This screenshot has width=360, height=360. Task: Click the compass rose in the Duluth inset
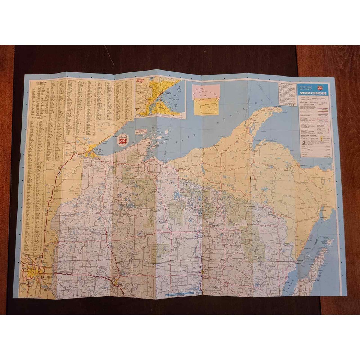point(179,90)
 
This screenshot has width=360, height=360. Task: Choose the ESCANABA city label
point(323,216)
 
